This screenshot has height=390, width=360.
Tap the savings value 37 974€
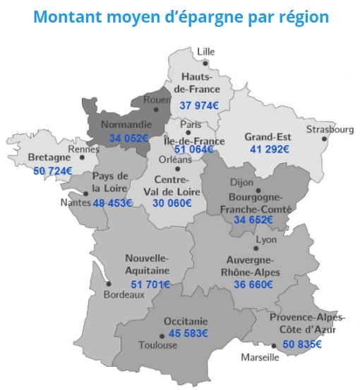click(199, 105)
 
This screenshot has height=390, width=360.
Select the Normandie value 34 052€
click(124, 138)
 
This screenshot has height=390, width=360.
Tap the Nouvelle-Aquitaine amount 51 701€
click(150, 284)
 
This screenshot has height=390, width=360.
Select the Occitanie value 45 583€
click(188, 333)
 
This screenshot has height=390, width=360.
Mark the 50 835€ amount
click(302, 344)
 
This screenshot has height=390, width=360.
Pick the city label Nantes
click(76, 202)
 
